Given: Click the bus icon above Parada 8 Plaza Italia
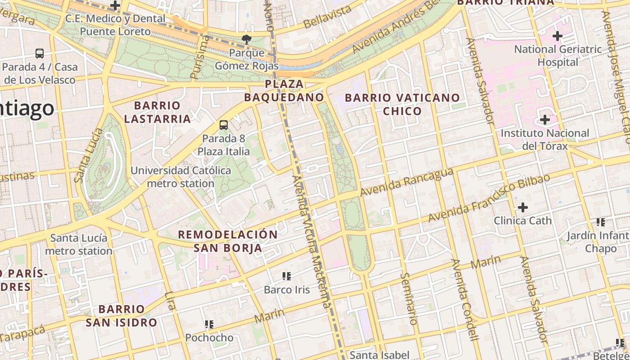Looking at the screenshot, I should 224,125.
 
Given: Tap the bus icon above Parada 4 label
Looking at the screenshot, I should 40,54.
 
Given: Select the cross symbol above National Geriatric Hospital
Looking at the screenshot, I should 558,36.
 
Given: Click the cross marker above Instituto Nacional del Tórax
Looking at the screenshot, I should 545,120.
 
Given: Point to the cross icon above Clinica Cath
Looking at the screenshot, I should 522,207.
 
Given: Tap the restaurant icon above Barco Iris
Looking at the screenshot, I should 287,276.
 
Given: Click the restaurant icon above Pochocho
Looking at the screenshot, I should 209,324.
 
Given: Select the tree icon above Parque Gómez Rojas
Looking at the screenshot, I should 246,40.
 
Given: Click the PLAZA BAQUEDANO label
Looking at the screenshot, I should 284,90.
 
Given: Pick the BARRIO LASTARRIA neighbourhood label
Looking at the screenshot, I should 157,112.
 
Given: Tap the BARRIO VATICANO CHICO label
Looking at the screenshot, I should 402,104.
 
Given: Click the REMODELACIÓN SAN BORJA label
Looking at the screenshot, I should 228,241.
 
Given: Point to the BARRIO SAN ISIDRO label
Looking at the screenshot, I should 121,315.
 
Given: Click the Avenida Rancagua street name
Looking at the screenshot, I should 406,182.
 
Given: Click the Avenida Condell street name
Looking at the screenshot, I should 464,300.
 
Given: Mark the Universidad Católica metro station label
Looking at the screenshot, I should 181,177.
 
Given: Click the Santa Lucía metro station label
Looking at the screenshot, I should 79,244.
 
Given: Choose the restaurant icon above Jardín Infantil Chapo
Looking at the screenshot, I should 600,222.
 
